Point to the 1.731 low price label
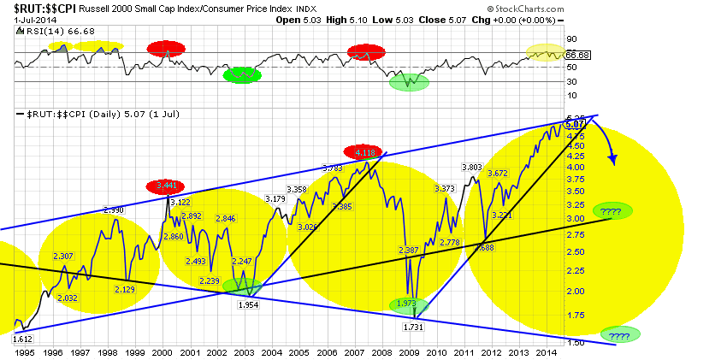tap(414, 327)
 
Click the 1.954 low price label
tap(248, 304)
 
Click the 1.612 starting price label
tap(22, 339)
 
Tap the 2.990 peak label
tap(115, 210)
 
